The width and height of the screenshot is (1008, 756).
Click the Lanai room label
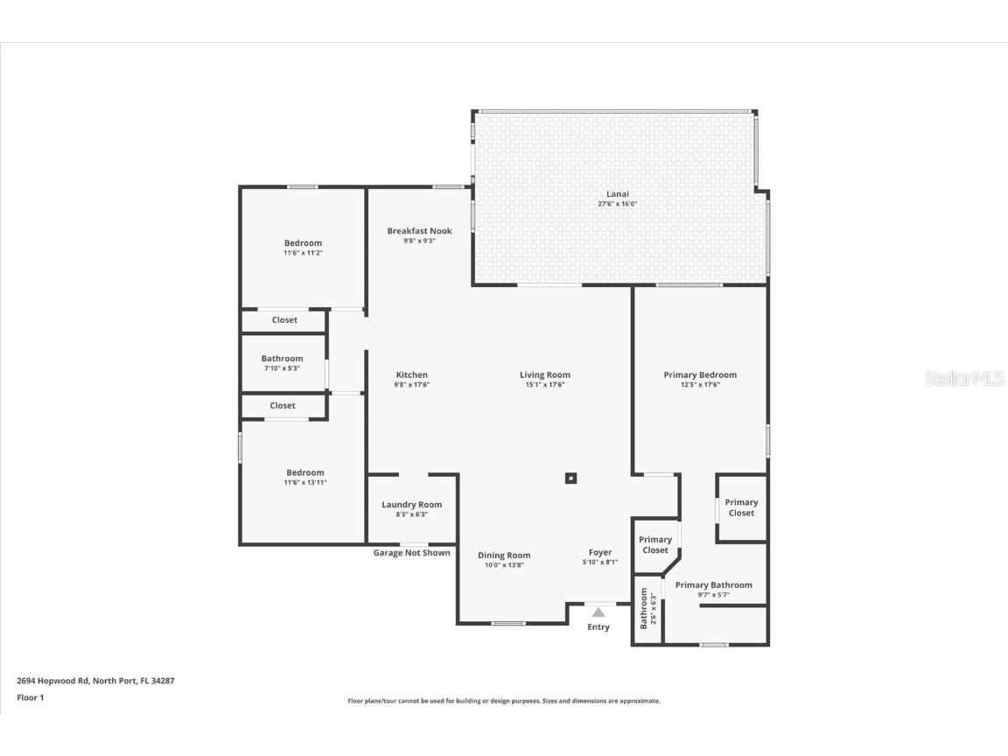coord(617,194)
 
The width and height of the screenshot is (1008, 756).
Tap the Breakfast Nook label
coord(419,231)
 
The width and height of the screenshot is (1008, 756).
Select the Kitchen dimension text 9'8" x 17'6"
coord(411,385)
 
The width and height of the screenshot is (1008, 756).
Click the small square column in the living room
coord(570,478)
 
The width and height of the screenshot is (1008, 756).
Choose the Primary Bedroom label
coord(699,375)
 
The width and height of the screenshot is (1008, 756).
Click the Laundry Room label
coord(411,505)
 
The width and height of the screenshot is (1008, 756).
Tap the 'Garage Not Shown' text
coord(411,553)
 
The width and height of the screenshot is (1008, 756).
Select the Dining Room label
coord(504,556)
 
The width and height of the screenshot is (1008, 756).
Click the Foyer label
coord(600,552)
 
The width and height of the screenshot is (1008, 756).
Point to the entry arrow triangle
coord(598,612)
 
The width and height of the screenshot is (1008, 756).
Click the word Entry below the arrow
coord(598,627)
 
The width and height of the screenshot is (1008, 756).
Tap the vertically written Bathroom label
coord(644,607)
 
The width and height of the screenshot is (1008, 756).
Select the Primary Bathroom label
coord(713,585)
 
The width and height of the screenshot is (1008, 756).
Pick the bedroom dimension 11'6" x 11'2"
coord(303,253)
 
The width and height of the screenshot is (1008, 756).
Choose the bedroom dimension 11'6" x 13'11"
coord(304,482)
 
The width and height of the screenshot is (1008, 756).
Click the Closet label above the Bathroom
coord(283,320)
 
